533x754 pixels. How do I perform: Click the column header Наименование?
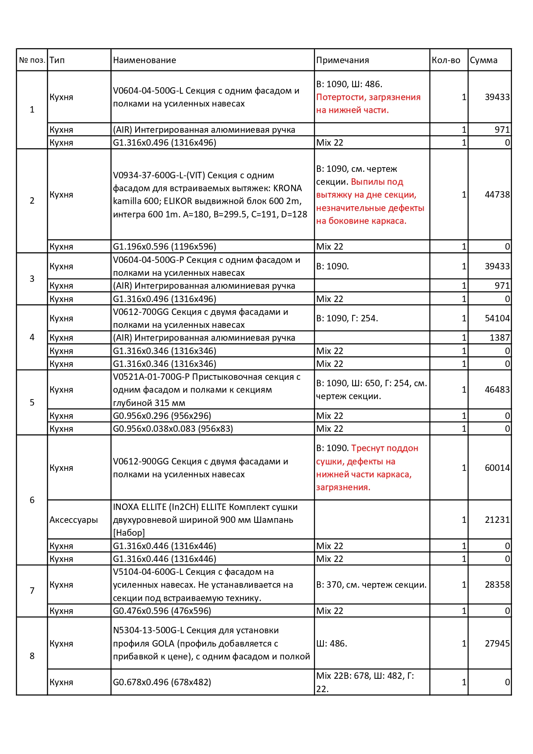click(x=144, y=60)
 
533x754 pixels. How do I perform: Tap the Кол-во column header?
click(x=446, y=60)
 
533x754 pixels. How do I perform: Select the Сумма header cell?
click(x=484, y=60)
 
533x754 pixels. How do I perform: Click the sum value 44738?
click(x=497, y=195)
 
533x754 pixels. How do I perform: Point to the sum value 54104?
click(x=497, y=318)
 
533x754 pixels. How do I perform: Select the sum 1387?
click(x=499, y=338)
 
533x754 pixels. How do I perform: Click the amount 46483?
click(x=497, y=390)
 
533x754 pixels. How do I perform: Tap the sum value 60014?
click(x=497, y=468)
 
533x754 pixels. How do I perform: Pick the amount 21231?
click(x=497, y=520)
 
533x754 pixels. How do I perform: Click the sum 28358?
click(x=497, y=585)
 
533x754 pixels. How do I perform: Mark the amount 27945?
click(x=497, y=644)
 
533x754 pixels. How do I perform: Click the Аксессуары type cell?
click(x=73, y=520)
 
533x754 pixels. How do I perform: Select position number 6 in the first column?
click(x=32, y=500)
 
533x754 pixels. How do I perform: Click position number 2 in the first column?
click(x=32, y=201)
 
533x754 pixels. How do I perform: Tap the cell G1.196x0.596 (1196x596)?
click(x=164, y=247)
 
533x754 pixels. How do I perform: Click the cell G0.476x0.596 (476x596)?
click(x=162, y=611)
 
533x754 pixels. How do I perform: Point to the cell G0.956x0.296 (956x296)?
click(x=162, y=416)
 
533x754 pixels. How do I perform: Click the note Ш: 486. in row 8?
click(x=332, y=644)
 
